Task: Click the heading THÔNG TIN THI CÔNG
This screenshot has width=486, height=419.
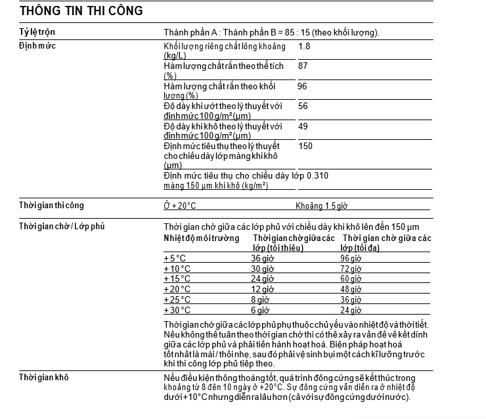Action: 81,11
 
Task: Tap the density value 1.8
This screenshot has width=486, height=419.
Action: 304,47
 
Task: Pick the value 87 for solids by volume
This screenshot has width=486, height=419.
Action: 303,66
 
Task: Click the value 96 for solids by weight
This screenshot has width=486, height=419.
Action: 302,86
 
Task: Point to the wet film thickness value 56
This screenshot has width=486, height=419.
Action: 303,106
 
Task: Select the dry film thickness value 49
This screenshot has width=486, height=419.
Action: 303,126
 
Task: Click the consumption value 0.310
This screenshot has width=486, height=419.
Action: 317,176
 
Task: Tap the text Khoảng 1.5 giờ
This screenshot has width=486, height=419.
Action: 321,206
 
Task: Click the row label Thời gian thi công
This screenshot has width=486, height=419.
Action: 51,206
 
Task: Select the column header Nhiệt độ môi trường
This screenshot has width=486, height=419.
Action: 201,238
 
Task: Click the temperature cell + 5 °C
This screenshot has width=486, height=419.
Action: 176,259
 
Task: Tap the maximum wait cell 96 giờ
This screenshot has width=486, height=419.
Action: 351,259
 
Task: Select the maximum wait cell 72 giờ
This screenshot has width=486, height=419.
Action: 351,269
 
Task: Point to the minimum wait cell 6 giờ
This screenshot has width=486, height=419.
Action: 260,310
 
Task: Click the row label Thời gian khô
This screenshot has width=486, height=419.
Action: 43,377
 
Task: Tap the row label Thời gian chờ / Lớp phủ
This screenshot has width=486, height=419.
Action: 62,227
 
